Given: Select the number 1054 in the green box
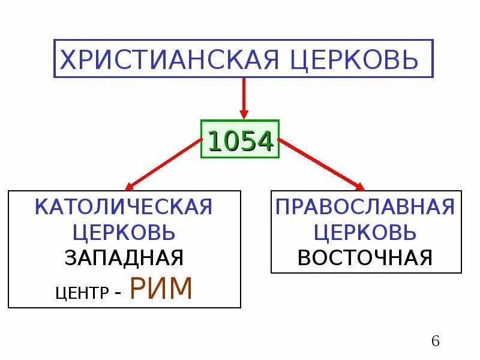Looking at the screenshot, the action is [240, 142].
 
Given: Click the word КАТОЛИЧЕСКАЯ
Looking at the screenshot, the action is [124, 207].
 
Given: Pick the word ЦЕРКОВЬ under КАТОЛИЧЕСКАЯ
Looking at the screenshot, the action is [124, 232].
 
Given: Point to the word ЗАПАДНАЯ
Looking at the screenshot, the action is [124, 257].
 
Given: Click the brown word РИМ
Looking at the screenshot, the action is [161, 289].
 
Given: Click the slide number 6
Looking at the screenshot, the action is [436, 341].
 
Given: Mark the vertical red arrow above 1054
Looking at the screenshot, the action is [243, 96].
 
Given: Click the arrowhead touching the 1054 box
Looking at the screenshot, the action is [243, 113].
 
